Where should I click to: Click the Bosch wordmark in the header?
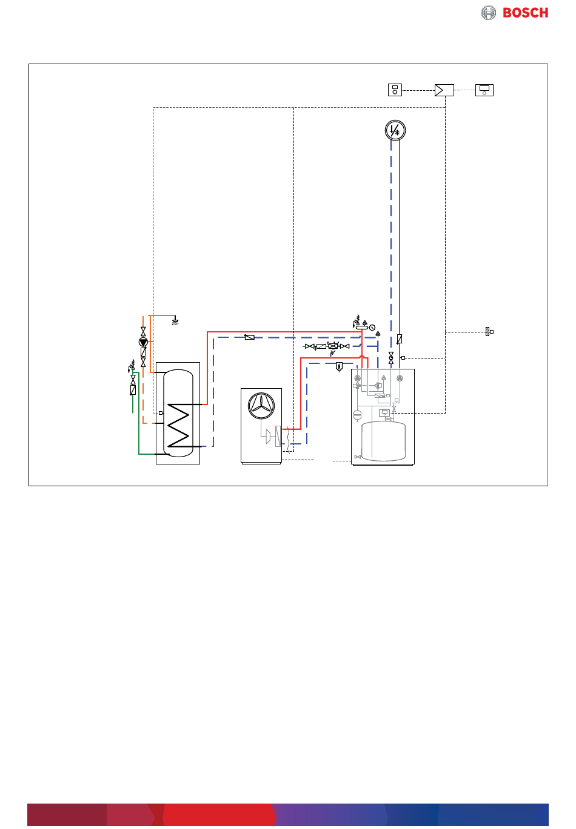click(526, 13)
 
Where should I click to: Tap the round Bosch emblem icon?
click(489, 13)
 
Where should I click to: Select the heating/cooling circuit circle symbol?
click(395, 130)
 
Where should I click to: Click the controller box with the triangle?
click(444, 90)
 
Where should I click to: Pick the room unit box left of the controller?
click(395, 90)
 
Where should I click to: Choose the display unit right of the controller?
click(484, 90)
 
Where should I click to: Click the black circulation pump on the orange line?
click(143, 342)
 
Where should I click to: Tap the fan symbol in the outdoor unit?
click(262, 404)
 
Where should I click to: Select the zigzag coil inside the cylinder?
click(179, 424)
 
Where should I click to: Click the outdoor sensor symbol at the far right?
click(488, 331)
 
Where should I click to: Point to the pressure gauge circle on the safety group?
click(372, 328)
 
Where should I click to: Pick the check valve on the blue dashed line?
click(249, 337)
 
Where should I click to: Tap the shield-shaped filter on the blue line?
click(339, 366)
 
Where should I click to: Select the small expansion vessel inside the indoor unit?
click(357, 415)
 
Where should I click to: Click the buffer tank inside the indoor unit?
click(383, 441)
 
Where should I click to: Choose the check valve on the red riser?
click(400, 339)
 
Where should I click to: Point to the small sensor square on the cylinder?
click(161, 413)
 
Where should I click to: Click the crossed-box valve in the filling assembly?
click(333, 346)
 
